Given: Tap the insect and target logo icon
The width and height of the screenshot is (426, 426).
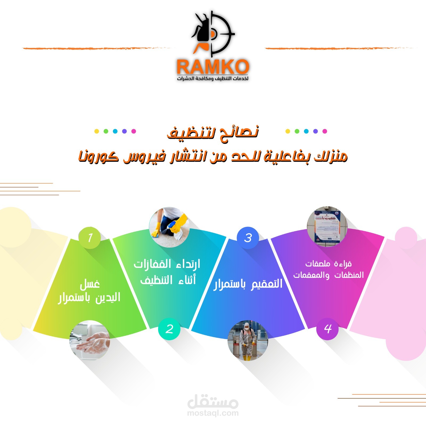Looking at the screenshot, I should click(212, 33).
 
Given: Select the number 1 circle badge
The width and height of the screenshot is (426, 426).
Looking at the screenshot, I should click(90, 237).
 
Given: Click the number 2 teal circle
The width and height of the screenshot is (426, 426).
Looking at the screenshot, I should click(169, 329).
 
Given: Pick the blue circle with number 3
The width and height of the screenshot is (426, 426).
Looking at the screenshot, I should click(248, 238).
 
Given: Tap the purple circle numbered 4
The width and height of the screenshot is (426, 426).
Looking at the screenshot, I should click(327, 329).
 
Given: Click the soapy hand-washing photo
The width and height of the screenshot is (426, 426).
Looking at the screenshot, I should click(90, 340).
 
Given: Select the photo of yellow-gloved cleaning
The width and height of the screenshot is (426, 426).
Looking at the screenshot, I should click(169, 227).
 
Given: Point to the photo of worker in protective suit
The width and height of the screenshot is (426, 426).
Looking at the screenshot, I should click(248, 340).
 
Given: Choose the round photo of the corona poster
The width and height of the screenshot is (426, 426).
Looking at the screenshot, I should click(327, 226).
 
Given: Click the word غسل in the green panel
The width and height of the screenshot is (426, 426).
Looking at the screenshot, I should click(90, 284).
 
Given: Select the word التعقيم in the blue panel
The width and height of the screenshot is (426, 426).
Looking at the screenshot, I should click(267, 284).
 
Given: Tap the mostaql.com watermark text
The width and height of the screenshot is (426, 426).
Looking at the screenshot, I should click(213, 413).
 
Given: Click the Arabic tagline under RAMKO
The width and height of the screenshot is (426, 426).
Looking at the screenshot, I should click(213, 79).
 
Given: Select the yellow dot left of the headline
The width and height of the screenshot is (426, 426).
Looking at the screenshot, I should click(97, 131).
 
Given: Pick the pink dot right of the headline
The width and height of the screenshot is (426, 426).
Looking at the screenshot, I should click(325, 131).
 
